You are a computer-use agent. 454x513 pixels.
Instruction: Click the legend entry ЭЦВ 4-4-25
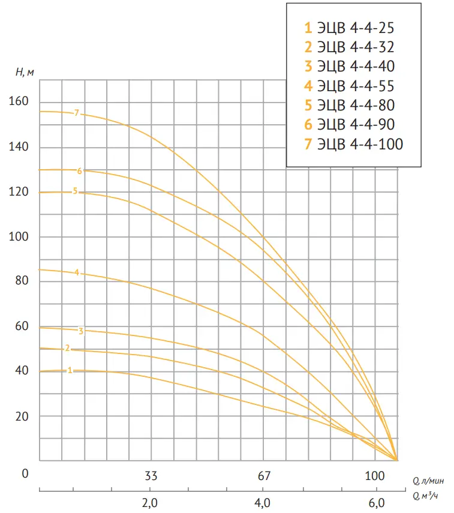pyautogui.click(x=348, y=28)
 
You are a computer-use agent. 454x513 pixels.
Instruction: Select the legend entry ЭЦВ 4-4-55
pyautogui.click(x=348, y=86)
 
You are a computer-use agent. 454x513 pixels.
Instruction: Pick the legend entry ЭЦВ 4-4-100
pyautogui.click(x=353, y=144)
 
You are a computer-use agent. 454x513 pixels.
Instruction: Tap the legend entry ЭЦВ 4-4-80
pyautogui.click(x=348, y=105)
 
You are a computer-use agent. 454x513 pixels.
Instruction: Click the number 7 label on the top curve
pyautogui.click(x=77, y=113)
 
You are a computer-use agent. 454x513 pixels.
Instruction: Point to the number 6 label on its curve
pyautogui.click(x=79, y=171)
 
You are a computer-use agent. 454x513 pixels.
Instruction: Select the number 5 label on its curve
pyautogui.click(x=75, y=191)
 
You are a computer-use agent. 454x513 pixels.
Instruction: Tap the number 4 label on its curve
pyautogui.click(x=77, y=273)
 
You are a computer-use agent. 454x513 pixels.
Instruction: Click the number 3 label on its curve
pyautogui.click(x=80, y=331)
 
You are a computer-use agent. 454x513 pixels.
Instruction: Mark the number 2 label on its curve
pyautogui.click(x=67, y=349)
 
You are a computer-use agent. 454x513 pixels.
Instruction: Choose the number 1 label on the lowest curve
pyautogui.click(x=70, y=371)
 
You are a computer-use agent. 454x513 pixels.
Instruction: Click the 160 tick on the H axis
pyautogui.click(x=19, y=102)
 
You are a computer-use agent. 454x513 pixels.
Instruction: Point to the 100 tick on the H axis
pyautogui.click(x=19, y=236)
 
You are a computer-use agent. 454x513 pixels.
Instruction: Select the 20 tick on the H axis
pyautogui.click(x=21, y=416)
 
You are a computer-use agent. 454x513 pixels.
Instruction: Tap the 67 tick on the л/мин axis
pyautogui.click(x=264, y=476)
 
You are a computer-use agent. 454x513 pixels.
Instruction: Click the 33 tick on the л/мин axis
pyautogui.click(x=151, y=476)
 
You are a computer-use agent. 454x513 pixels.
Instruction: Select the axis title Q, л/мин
pyautogui.click(x=427, y=481)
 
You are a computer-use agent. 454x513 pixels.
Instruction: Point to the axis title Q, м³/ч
pyautogui.click(x=425, y=496)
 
